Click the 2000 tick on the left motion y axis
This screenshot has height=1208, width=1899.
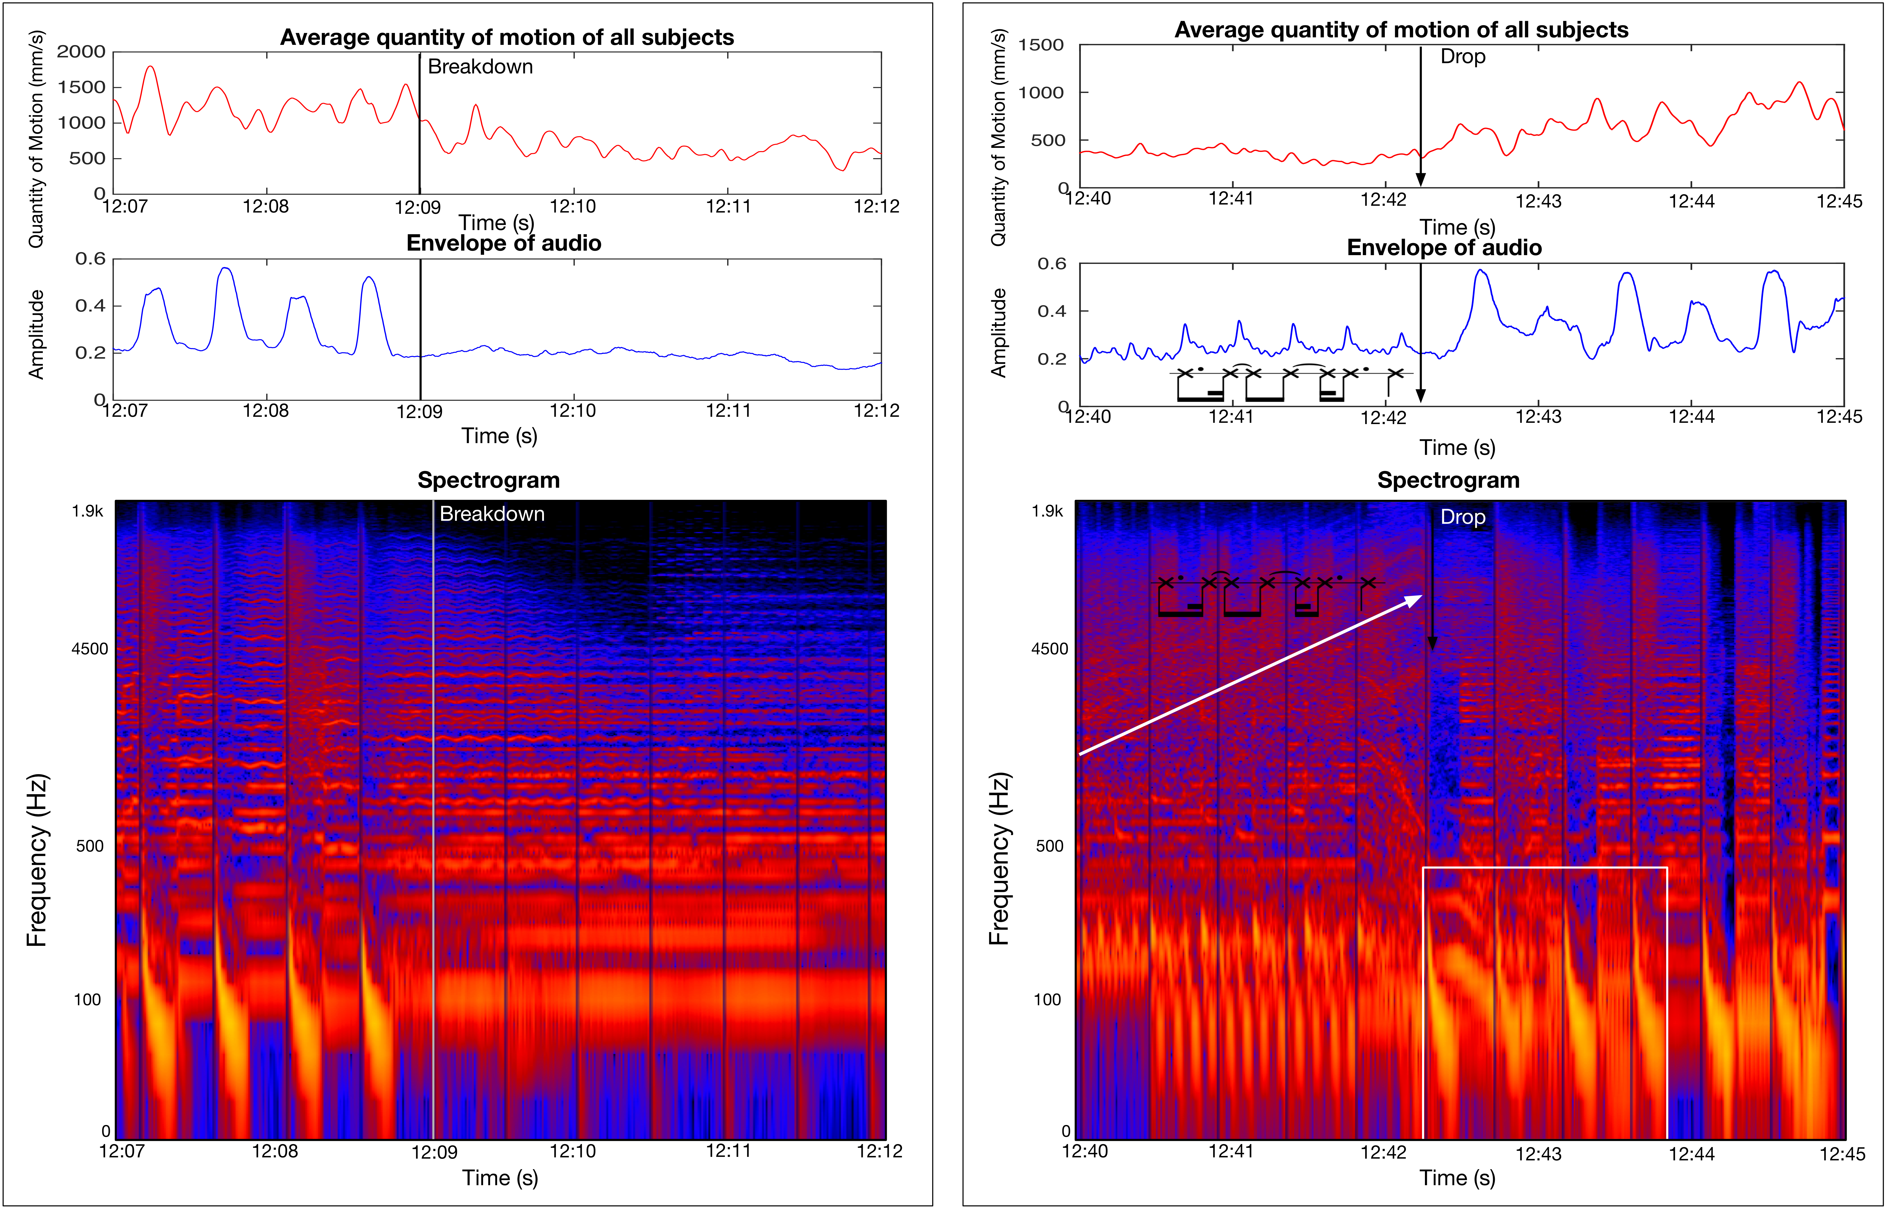pos(81,52)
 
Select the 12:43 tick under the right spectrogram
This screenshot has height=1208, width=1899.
pos(1538,1154)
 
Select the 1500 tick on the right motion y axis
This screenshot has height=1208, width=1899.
pos(1041,45)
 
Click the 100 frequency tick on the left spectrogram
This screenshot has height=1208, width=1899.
pos(88,1000)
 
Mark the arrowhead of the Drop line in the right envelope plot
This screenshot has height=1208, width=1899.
pos(1420,396)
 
